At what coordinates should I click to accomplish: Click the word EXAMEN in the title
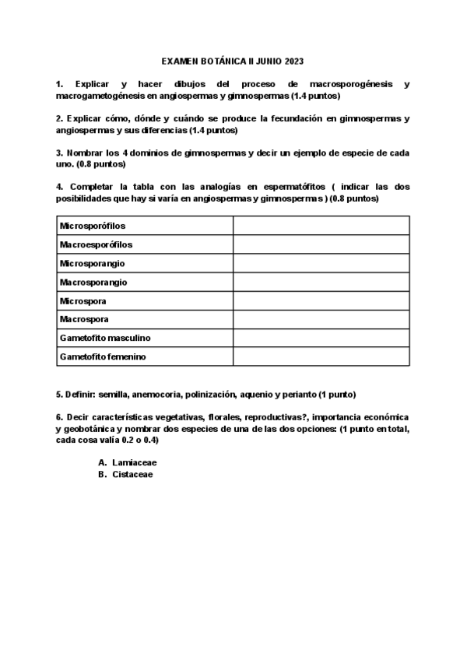pyautogui.click(x=180, y=60)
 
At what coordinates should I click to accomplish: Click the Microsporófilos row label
pyautogui.click(x=93, y=226)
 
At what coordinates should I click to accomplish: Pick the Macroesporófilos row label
pyautogui.click(x=96, y=244)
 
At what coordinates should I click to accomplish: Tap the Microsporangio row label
pyautogui.click(x=93, y=263)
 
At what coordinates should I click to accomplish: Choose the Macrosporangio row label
pyautogui.click(x=93, y=282)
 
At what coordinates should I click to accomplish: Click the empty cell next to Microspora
pyautogui.click(x=321, y=300)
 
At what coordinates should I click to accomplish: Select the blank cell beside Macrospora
pyautogui.click(x=321, y=319)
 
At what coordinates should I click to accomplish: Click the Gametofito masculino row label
pyautogui.click(x=105, y=338)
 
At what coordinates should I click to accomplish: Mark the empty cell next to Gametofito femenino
pyautogui.click(x=321, y=356)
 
